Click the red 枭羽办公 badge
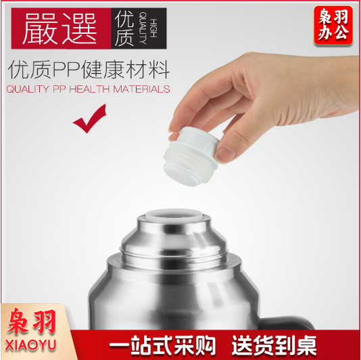click(x=333, y=25)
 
